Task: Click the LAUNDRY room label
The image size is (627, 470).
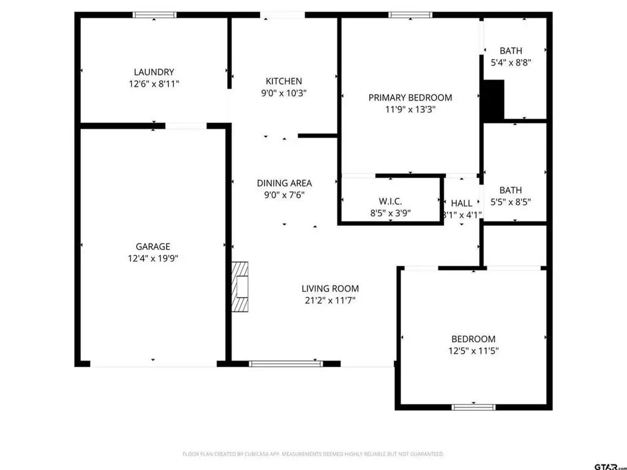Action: [154, 72]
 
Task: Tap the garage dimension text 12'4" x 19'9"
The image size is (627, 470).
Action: [152, 258]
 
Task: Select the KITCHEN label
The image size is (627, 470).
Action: [284, 81]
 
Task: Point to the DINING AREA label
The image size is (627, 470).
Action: [284, 183]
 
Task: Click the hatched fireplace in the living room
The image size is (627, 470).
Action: [240, 286]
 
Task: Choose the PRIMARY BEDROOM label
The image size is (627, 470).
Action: [410, 97]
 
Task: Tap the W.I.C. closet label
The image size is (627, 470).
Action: [390, 201]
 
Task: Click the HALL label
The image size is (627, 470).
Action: [462, 203]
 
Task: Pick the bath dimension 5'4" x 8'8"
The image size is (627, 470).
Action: [511, 62]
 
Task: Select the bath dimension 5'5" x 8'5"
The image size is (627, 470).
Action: [511, 202]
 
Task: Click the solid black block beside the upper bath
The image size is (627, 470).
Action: [494, 100]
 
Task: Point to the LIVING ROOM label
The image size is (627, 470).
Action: [330, 289]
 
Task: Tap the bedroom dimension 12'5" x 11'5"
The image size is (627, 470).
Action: [473, 351]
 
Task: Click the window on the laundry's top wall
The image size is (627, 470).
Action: [154, 15]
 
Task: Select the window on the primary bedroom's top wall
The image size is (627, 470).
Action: [410, 15]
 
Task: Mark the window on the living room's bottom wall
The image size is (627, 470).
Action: [286, 364]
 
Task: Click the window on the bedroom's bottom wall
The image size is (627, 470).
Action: [473, 407]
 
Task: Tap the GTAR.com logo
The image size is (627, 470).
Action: [610, 466]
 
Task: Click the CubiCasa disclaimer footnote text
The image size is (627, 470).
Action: [313, 454]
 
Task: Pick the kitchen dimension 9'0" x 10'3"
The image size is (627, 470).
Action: [284, 93]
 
